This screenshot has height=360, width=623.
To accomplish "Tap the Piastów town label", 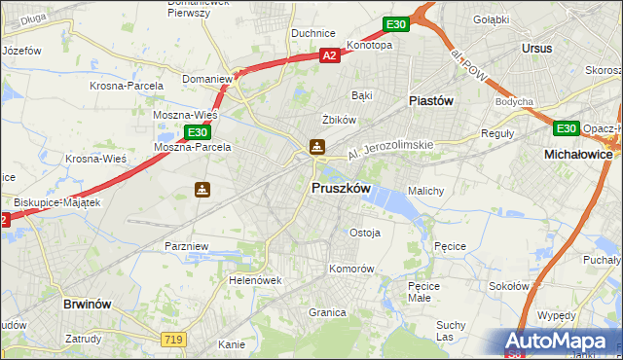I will tap(432, 100).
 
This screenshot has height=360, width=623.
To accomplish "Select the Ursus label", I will tap(536, 48).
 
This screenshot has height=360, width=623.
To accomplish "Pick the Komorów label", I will tap(351, 268).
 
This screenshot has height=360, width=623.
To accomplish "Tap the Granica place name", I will tap(327, 312).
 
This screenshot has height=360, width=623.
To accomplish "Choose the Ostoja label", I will tap(364, 233).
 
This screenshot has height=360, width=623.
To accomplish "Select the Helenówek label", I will tap(255, 280).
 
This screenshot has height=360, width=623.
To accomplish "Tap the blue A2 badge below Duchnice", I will tap(331, 56).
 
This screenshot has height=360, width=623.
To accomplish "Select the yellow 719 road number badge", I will tap(172, 338).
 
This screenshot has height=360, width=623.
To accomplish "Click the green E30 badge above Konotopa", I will tap(394, 23).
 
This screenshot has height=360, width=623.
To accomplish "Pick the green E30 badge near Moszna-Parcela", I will tap(197, 131).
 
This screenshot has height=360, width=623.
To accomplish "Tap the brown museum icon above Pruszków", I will tap(317, 147).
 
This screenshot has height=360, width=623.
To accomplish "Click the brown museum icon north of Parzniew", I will tap(202, 190).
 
